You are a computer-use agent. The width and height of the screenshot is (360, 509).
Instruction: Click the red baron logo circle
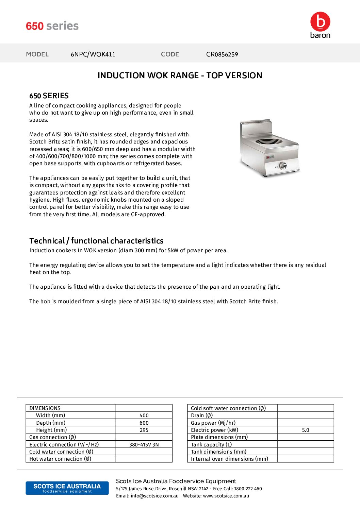[320, 22]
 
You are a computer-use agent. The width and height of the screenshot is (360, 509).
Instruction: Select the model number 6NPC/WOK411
[93, 54]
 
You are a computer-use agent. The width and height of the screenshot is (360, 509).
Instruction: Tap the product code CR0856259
[222, 54]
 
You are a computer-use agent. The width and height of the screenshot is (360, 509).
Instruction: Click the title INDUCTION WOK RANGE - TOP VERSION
[180, 75]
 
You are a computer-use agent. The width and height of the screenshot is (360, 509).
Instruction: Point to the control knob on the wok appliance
[282, 166]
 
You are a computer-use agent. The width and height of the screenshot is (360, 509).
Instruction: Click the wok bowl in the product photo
[270, 141]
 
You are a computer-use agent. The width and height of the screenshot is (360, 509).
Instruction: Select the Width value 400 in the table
[144, 415]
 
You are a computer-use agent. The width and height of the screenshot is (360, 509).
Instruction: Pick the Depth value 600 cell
[144, 423]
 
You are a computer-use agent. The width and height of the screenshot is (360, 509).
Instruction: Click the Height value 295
[144, 430]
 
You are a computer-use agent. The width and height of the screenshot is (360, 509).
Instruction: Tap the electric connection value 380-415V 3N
[144, 445]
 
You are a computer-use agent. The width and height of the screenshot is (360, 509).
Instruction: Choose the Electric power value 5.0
[306, 430]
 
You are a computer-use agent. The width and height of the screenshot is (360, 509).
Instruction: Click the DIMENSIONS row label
[45, 408]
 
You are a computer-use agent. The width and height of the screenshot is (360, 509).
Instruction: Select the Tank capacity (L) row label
[211, 445]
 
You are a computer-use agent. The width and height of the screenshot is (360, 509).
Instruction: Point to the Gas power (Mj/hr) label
[213, 423]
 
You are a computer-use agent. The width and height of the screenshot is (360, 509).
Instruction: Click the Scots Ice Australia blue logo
[67, 488]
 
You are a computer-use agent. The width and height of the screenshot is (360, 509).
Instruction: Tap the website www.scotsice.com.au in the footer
[226, 496]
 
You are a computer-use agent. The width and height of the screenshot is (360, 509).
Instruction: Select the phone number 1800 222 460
[248, 489]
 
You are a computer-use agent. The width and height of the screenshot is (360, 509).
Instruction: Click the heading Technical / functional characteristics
[96, 241]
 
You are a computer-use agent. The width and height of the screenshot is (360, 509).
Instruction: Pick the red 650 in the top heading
[35, 26]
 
